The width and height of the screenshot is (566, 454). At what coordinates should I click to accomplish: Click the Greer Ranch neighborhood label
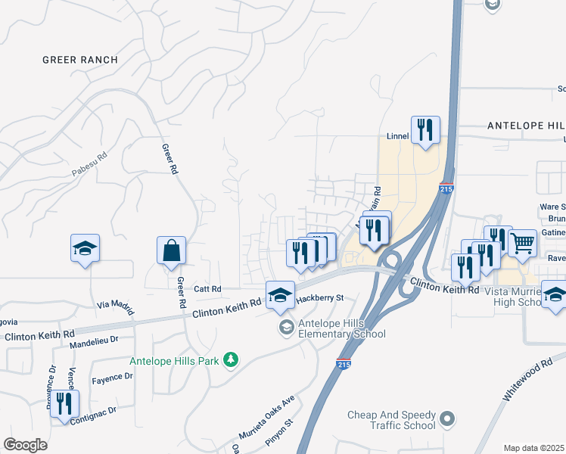(80, 60)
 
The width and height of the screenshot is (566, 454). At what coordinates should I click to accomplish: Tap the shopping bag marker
(172, 250)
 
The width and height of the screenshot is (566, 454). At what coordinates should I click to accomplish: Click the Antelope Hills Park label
(174, 361)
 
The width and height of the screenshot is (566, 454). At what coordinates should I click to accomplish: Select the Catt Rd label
(207, 289)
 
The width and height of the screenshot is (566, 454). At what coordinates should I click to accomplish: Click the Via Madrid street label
(115, 306)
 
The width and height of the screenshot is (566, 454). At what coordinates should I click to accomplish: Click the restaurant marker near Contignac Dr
(64, 404)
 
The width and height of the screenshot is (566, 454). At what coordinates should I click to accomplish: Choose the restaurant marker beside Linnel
(425, 129)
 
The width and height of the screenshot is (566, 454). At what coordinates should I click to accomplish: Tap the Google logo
(26, 445)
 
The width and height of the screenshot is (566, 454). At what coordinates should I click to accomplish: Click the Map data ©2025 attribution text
(534, 448)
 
